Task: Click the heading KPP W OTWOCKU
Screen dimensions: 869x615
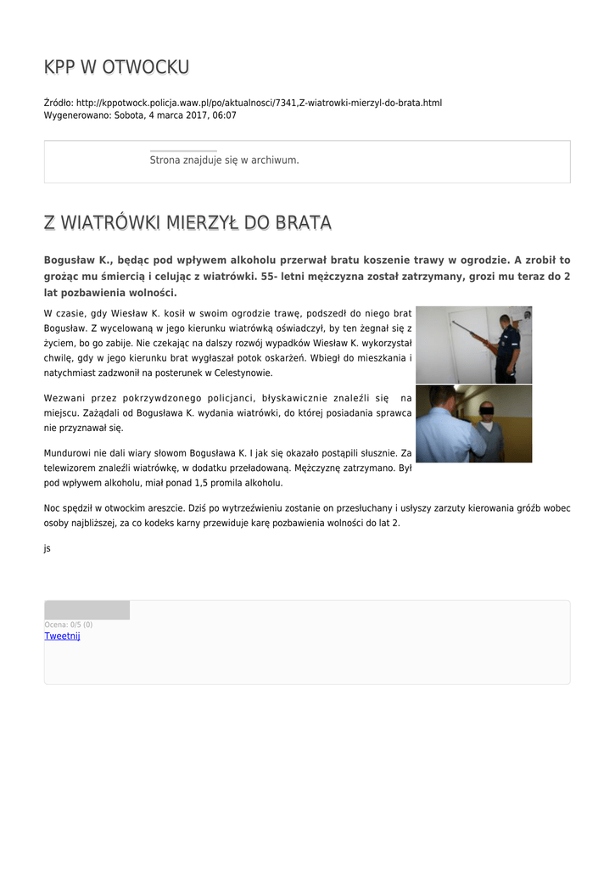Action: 116,67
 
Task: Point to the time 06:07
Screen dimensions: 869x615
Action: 225,115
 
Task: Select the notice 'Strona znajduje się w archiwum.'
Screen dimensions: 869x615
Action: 224,160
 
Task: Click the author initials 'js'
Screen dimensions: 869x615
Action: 48,548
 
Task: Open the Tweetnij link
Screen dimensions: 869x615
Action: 62,636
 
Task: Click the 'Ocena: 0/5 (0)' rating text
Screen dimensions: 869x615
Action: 69,625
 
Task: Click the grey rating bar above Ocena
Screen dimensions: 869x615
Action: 87,610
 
